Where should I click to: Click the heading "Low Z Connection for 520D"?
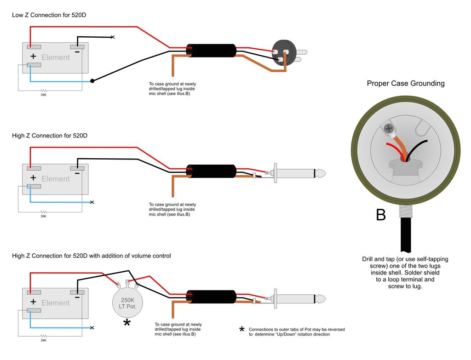49,15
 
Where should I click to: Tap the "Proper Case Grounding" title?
406,83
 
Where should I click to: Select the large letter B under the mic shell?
381,215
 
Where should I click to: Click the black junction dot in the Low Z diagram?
92,81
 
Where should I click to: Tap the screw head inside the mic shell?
389,128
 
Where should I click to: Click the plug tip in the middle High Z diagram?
321,174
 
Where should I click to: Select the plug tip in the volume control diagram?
321,299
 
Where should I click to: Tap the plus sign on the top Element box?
33,57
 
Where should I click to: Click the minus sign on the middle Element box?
77,173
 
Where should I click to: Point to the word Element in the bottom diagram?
56,303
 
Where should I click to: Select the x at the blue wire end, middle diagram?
92,202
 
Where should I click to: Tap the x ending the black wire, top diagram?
113,37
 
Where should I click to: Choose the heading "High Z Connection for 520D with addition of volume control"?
92,256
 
